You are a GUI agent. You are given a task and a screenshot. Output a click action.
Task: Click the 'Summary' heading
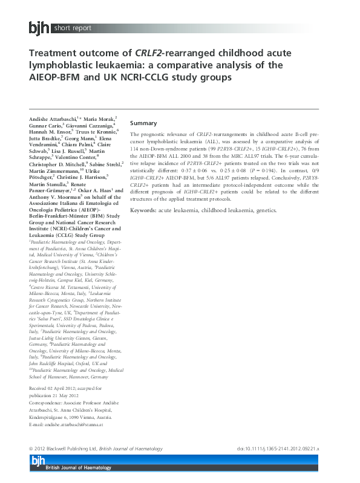pyautogui.click(x=143, y=123)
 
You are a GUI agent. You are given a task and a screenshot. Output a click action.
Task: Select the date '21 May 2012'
pyautogui.click(x=70, y=394)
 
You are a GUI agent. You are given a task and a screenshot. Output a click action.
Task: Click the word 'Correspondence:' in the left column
pyautogui.click(x=50, y=401)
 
